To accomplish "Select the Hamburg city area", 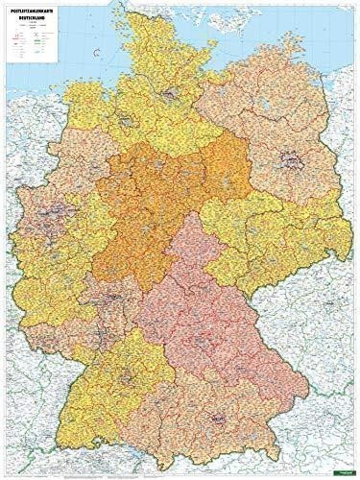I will (x=169, y=93).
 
